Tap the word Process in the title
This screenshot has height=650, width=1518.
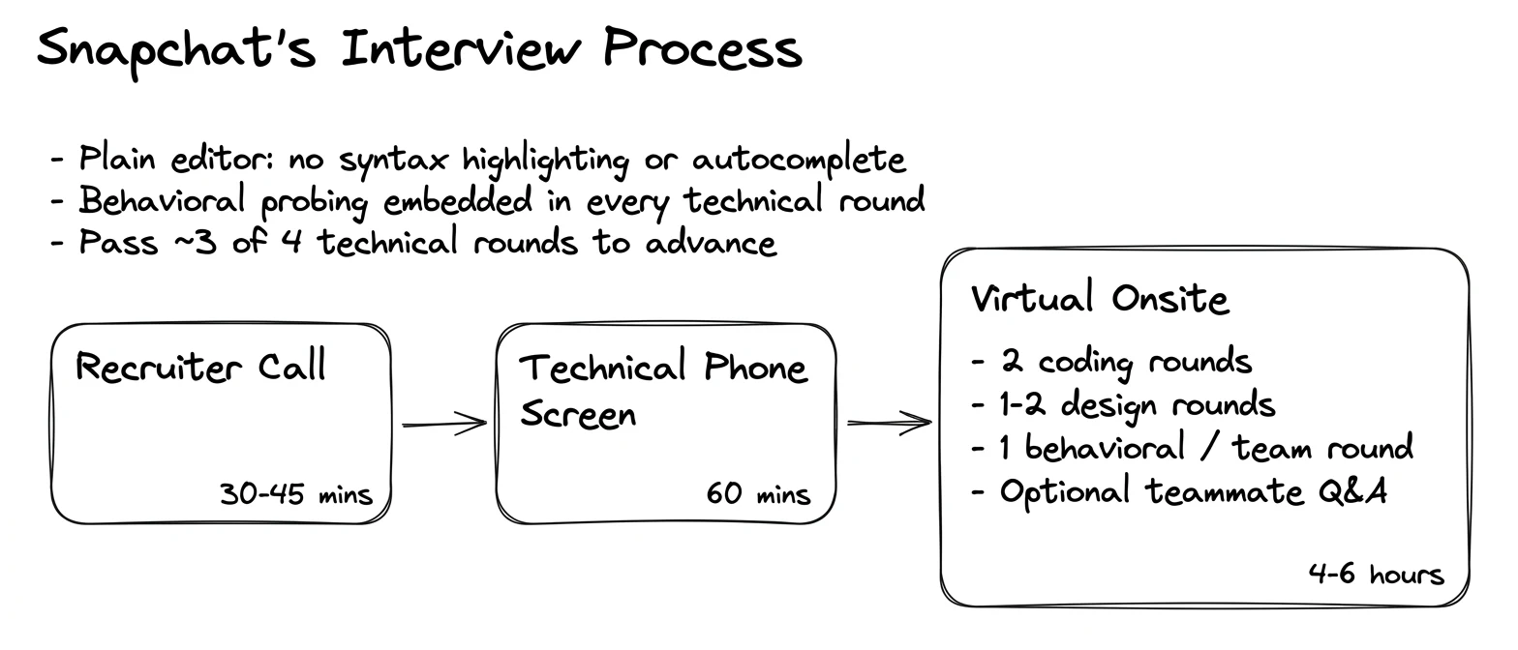tap(703, 48)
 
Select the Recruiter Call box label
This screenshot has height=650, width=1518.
tap(200, 367)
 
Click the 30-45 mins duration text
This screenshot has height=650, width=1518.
tap(296, 493)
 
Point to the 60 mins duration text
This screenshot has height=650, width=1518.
tap(758, 493)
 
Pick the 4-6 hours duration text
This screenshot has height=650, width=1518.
tap(1376, 574)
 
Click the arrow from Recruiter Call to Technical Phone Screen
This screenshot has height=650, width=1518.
tap(444, 424)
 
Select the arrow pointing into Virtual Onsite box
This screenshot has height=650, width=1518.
tap(890, 423)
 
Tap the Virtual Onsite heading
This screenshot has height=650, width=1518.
tap(1099, 298)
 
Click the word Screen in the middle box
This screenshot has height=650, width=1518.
tap(578, 413)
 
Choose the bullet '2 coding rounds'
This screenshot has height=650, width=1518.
tap(1111, 362)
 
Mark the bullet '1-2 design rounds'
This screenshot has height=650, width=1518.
tap(1123, 405)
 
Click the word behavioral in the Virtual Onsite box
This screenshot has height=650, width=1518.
tap(1105, 447)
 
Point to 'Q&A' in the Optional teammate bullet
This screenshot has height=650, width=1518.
tap(1352, 491)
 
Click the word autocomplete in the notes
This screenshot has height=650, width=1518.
tap(799, 160)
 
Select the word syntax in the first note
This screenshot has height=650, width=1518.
tap(393, 162)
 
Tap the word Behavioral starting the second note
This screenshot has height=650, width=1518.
tap(162, 200)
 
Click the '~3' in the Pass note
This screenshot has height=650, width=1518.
tap(196, 243)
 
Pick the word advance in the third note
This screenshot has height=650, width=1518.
tap(711, 243)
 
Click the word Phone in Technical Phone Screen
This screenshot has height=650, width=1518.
tap(755, 367)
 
